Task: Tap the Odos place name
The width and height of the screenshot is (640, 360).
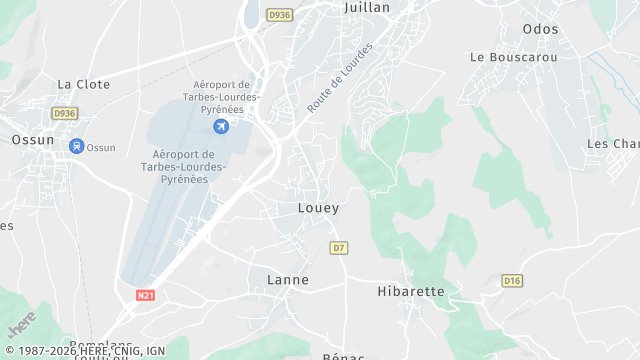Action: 540,29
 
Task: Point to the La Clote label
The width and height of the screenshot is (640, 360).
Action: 83,84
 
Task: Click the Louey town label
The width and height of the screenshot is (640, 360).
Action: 318,208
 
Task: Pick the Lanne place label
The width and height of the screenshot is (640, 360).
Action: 288,280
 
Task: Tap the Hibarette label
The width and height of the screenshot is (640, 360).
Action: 410,291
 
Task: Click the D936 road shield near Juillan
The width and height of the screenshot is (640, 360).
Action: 279,15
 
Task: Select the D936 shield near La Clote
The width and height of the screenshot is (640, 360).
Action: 65,114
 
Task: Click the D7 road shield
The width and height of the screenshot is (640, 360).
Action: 339,247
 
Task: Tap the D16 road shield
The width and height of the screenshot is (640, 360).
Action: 512,281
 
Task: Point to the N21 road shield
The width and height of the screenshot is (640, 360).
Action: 146,296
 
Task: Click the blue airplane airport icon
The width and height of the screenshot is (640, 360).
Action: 221,126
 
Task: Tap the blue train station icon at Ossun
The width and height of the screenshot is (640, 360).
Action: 76,146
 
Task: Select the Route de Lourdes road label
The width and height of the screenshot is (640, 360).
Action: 340,77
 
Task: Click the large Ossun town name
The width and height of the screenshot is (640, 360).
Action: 33,140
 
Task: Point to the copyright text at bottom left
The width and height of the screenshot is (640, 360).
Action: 84,352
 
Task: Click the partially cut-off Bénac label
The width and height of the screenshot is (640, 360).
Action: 342,356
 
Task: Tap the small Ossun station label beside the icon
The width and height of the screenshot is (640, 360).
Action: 101,148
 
